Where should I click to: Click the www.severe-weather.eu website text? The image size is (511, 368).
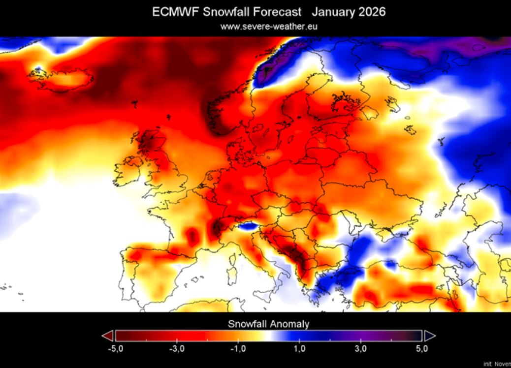[x=269, y=26]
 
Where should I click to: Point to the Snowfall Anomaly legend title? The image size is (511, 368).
[x=269, y=324]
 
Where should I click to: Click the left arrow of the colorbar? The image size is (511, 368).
[x=107, y=336]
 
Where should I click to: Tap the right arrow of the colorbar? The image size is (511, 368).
[x=429, y=336]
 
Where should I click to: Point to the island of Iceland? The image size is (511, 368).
[x=62, y=79]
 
